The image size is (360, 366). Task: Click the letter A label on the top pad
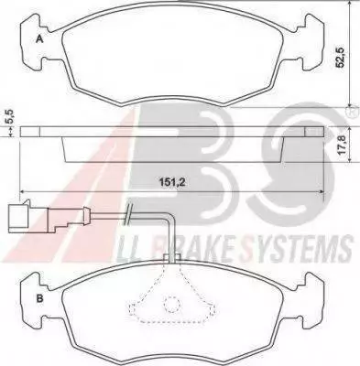pyautogui.click(x=39, y=39)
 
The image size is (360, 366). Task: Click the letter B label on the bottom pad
pyautogui.click(x=39, y=298)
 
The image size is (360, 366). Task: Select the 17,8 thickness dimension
pyautogui.click(x=343, y=145)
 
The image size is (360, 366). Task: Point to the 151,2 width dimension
pyautogui.click(x=172, y=182)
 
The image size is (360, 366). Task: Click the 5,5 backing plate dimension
pyautogui.click(x=10, y=116)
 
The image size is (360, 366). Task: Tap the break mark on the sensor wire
pyautogui.click(x=128, y=214)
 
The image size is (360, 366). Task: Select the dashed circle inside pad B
pyautogui.click(x=172, y=304)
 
